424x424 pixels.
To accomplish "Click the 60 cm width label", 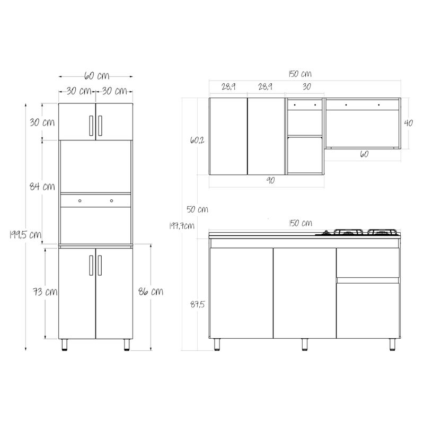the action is pos(96,76).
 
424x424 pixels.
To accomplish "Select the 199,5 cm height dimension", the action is pos(25,234).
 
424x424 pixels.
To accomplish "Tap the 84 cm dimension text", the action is pos(42,187).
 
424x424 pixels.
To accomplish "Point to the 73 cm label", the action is pos(45,292).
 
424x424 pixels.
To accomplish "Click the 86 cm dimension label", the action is pos(151,291).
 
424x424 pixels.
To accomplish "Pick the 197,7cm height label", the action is pos(181,226).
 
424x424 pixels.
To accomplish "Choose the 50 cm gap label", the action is pos(197,209).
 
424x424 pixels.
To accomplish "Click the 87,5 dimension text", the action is pos(197,304).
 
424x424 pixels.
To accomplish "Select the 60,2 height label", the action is pos(197,140).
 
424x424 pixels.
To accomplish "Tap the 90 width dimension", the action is pos(270,180).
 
